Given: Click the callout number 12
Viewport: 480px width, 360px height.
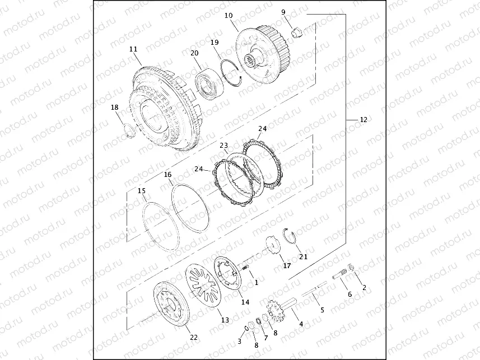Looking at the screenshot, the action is click(364, 120).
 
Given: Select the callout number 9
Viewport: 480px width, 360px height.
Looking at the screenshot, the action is click(283, 12).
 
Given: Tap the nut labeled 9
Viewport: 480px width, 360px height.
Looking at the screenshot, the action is click(297, 32).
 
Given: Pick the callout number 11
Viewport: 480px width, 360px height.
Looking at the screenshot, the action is click(133, 49).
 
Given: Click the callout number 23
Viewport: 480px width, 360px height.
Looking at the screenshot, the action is click(224, 146).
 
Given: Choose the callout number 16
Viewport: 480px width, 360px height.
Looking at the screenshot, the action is click(168, 175).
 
